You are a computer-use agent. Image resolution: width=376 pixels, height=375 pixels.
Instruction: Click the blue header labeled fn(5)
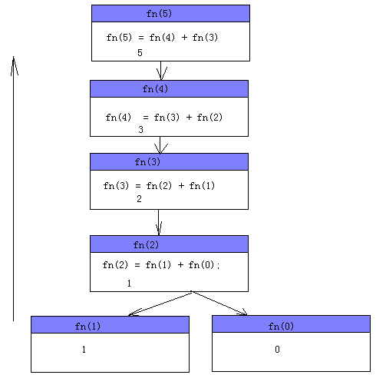point(170,13)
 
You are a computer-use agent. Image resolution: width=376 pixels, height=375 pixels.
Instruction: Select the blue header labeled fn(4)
point(169,89)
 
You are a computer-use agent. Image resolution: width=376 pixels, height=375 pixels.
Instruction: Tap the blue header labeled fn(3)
point(169,162)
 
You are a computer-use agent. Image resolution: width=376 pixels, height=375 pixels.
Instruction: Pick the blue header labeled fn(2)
point(169,244)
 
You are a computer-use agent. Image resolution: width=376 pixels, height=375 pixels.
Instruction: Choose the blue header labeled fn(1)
point(110,325)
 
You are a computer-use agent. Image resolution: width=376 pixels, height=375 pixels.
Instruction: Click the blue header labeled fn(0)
point(291,324)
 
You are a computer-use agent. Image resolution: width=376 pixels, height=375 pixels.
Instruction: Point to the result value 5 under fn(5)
point(140,53)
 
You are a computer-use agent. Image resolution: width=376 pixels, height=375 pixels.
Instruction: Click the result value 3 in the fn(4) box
point(140,130)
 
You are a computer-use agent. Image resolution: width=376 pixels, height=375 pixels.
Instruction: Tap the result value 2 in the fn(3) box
point(139,199)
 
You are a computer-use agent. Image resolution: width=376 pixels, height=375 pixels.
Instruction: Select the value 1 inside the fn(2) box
point(129,284)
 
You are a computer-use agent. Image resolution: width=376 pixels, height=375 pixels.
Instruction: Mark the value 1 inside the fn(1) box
point(84,350)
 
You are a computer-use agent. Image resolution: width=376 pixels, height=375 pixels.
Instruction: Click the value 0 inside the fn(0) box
point(277,350)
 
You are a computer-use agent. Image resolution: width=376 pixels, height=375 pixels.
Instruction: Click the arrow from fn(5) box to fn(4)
point(160,71)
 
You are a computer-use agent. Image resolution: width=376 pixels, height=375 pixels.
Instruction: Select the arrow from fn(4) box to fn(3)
point(160,145)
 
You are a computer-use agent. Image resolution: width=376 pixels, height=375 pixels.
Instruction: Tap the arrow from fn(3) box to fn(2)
point(159,223)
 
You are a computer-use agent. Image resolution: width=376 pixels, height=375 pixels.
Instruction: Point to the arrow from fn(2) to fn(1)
point(160,304)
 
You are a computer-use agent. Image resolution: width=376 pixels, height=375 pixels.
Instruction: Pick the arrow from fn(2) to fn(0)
point(219,303)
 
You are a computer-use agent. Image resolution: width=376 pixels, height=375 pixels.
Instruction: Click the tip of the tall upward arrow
point(14,57)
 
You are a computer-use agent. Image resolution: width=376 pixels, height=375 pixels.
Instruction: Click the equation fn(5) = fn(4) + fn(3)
point(162,38)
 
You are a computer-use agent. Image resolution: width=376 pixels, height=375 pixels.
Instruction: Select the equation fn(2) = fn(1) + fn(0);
point(161,265)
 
